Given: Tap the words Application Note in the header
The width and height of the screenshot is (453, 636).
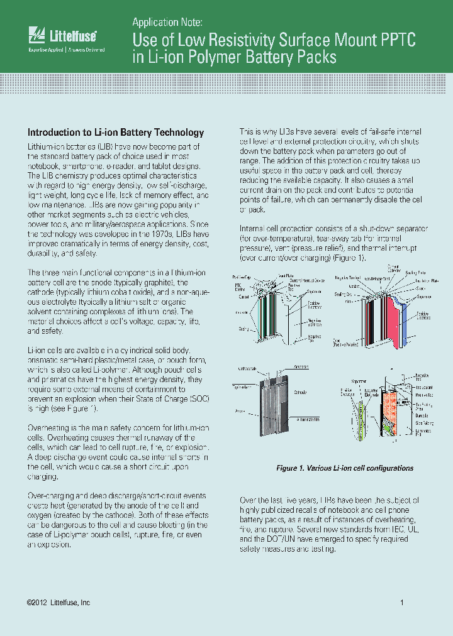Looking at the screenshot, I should point(167,23).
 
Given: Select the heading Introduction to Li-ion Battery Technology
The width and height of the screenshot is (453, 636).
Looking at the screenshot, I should point(115,133).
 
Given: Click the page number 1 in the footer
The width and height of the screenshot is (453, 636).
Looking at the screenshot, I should point(401,603).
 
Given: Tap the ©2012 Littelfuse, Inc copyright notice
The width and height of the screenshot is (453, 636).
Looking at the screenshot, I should point(59,603).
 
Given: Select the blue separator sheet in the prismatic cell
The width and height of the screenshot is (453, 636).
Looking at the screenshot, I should point(407,327).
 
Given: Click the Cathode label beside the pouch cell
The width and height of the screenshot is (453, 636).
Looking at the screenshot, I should point(301,392).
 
